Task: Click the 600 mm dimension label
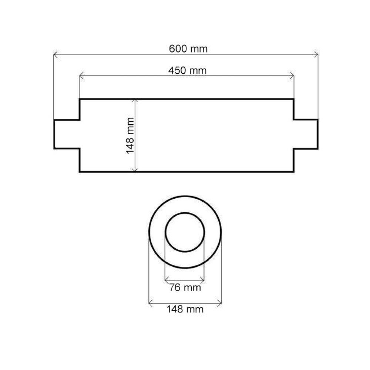tap(188, 49)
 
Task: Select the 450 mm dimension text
tap(187, 71)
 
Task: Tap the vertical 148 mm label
tap(130, 136)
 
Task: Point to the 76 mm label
tap(185, 287)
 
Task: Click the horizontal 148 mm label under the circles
tap(185, 309)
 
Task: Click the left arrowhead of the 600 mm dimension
tap(55, 55)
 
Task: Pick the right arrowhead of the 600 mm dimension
tap(316, 55)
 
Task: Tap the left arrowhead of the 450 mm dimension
tap(81, 76)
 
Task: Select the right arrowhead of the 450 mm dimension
tap(292, 76)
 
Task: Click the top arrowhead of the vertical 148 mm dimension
tap(135, 101)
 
